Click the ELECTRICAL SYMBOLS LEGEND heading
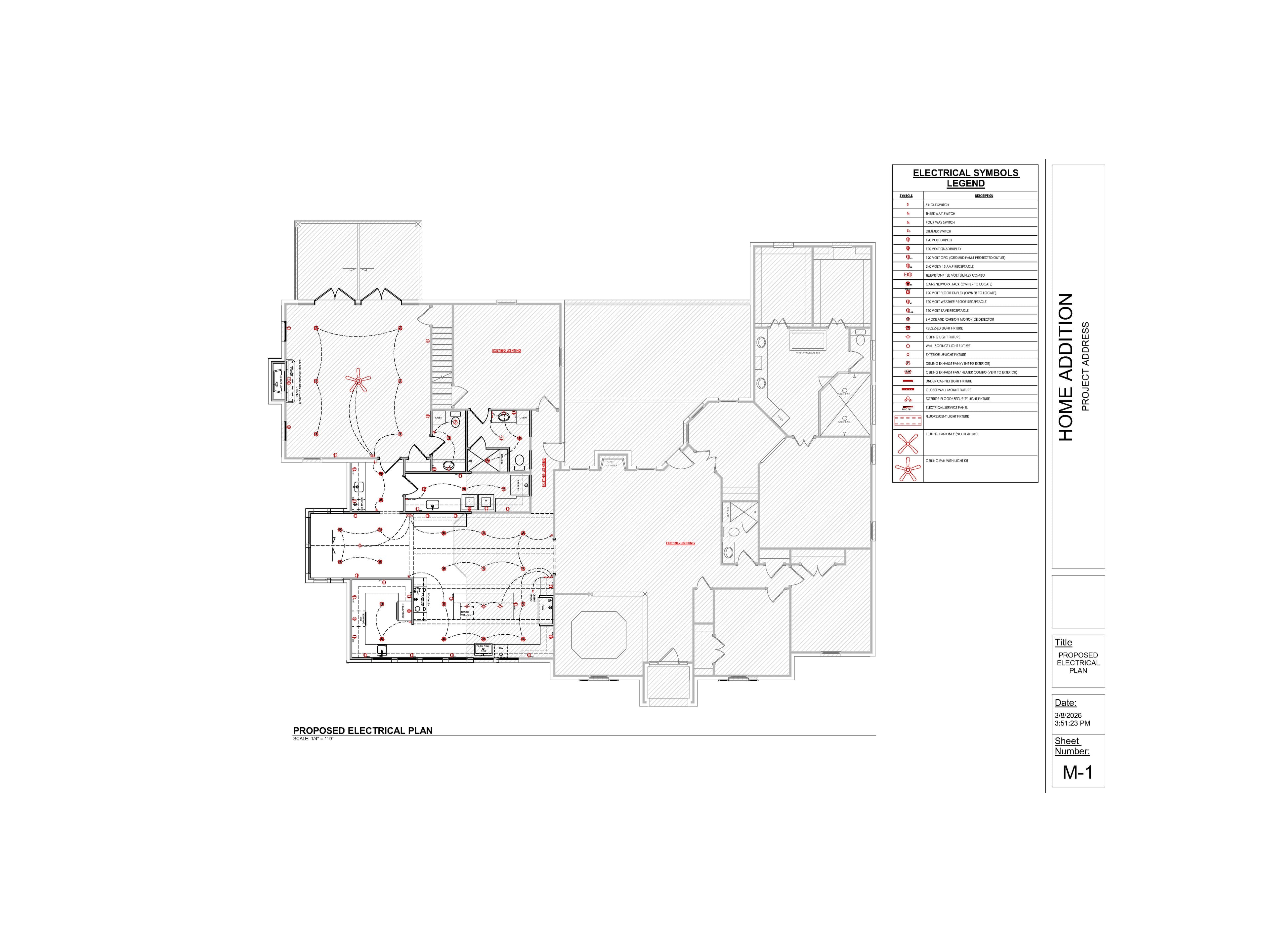click(x=965, y=178)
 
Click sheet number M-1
click(x=1078, y=773)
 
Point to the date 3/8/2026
click(x=1067, y=715)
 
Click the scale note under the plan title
click(x=313, y=738)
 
